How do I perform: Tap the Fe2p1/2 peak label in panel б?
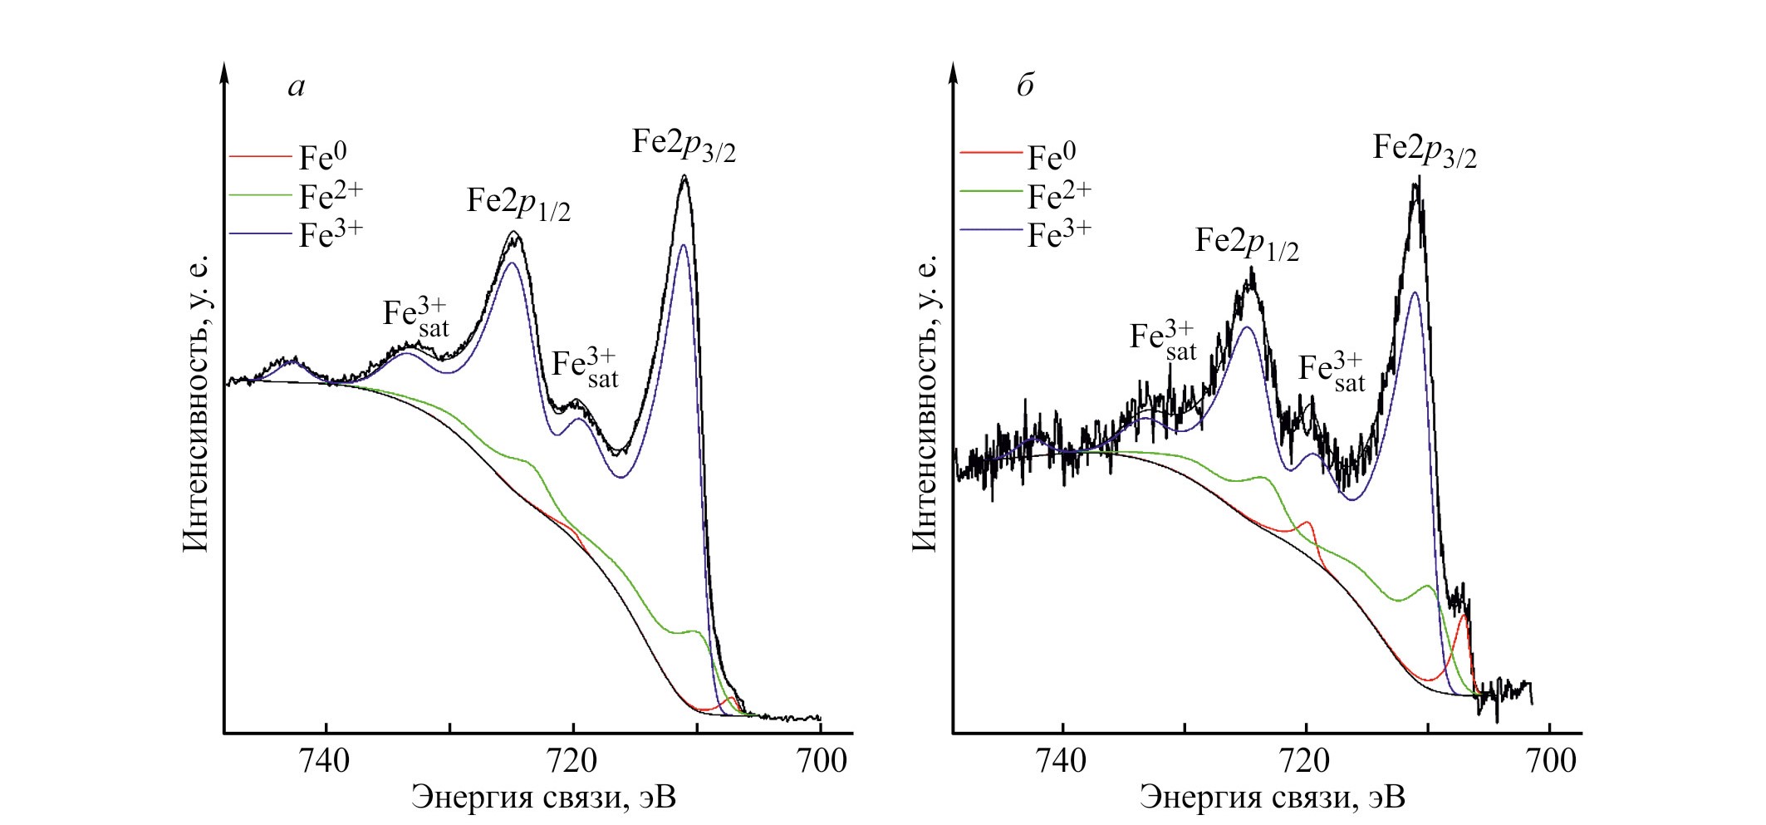1247,243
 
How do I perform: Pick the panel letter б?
1026,85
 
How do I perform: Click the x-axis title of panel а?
544,798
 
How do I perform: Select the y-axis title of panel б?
925,403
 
